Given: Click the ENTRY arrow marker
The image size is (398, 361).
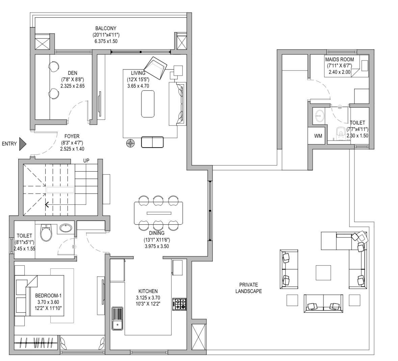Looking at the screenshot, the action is pyautogui.click(x=23, y=144).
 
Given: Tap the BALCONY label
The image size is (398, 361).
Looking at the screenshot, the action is pyautogui.click(x=106, y=28).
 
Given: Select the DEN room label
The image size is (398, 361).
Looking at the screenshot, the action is pyautogui.click(x=73, y=73).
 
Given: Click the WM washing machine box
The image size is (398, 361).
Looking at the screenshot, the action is pyautogui.click(x=318, y=136).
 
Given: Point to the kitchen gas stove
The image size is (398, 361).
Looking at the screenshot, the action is pyautogui.click(x=179, y=304).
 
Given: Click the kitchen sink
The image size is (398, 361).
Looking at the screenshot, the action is pyautogui.click(x=117, y=318).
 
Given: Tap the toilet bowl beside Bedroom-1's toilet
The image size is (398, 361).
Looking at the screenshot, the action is pyautogui.click(x=46, y=232).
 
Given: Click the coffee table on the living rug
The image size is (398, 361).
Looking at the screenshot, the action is pyautogui.click(x=148, y=104).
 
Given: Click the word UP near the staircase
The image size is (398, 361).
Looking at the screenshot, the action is pyautogui.click(x=86, y=161).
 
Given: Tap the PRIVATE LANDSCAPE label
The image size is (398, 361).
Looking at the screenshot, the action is pyautogui.click(x=248, y=288).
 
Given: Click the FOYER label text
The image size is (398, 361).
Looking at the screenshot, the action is pyautogui.click(x=72, y=137).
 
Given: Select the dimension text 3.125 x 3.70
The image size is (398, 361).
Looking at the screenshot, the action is pyautogui.click(x=148, y=298).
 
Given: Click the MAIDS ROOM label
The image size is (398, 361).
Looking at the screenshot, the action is pyautogui.click(x=340, y=60).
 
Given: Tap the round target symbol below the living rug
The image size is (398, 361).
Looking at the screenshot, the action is pyautogui.click(x=130, y=143).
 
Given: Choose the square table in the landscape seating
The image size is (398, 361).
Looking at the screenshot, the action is pyautogui.click(x=323, y=272).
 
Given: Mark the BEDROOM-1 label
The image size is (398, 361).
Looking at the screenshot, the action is pyautogui.click(x=48, y=296).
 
